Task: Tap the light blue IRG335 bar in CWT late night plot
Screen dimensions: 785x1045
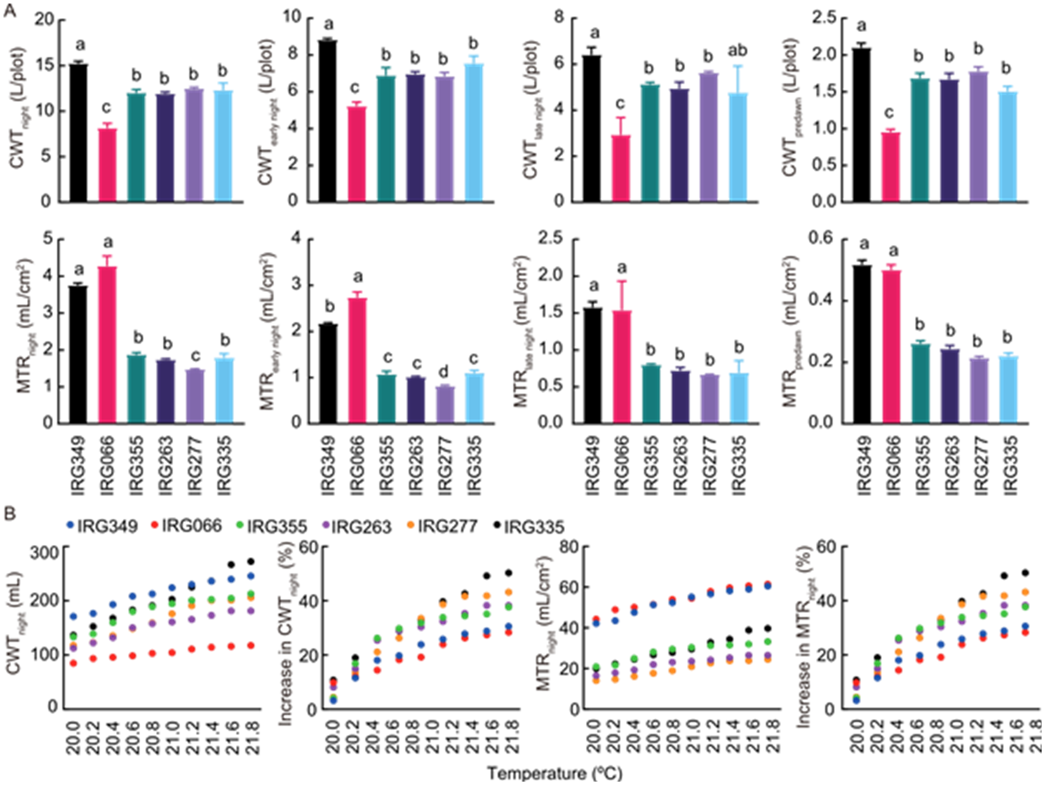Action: pos(737,147)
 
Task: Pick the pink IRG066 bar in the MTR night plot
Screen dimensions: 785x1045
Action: pos(107,345)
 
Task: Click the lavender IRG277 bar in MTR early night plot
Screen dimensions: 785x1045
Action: pos(445,404)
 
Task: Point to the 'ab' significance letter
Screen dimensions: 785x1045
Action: pos(737,51)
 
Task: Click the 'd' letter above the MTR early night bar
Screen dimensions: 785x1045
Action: pos(445,372)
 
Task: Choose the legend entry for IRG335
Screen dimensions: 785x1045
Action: pos(529,527)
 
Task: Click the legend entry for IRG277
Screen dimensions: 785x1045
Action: pos(443,526)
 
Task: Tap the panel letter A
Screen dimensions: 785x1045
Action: pos(10,11)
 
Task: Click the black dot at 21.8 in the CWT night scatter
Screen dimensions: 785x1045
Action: pos(251,561)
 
